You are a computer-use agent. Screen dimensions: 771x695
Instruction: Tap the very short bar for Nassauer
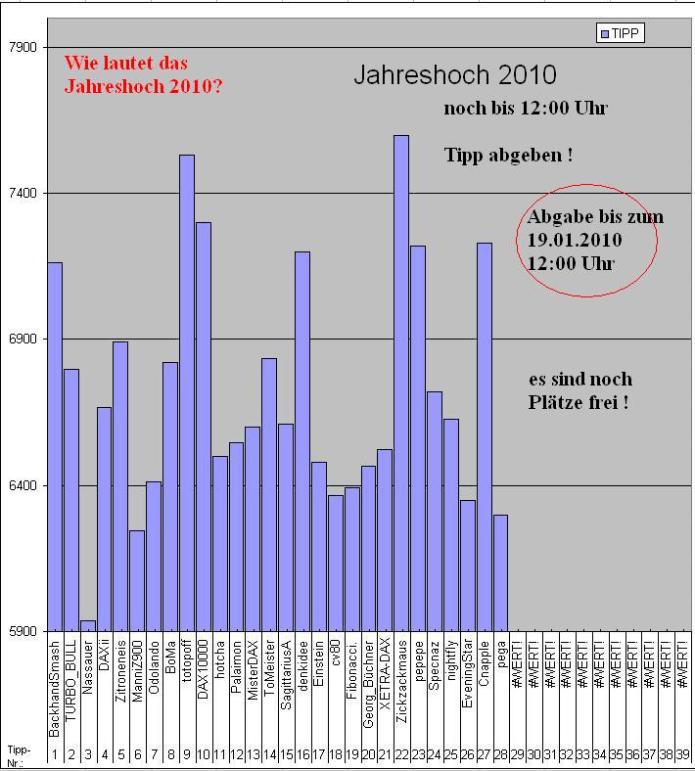[x=88, y=626]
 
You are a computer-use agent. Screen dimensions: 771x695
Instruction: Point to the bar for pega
[x=500, y=573]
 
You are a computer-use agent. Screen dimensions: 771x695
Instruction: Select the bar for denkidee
[x=302, y=441]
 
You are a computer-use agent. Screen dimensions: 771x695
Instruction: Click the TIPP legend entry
[x=621, y=34]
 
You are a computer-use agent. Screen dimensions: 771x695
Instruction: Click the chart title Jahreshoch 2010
[x=454, y=75]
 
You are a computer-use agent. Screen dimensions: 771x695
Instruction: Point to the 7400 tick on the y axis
[x=21, y=194]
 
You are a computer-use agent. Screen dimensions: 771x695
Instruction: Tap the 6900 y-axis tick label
[x=21, y=340]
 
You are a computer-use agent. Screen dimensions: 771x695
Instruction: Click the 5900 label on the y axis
[x=21, y=632]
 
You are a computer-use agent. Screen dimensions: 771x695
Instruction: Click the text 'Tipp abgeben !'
[x=507, y=156]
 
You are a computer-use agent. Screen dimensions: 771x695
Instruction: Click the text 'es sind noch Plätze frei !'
[x=579, y=390]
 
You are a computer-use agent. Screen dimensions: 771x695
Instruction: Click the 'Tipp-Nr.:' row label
[x=20, y=754]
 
